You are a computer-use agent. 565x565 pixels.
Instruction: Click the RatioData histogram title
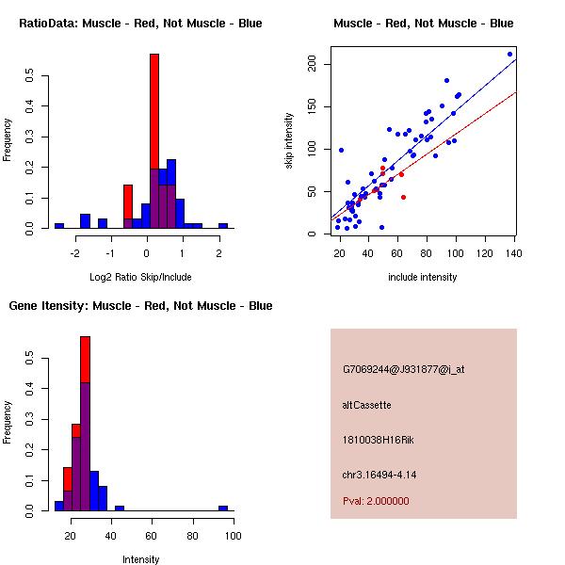[140, 24]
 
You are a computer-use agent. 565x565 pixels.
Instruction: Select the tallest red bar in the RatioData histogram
[154, 112]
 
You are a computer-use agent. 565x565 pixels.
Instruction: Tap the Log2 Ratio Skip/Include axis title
[140, 277]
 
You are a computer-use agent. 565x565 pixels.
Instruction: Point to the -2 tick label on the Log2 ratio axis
[74, 253]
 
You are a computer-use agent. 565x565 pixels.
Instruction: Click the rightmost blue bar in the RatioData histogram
[223, 226]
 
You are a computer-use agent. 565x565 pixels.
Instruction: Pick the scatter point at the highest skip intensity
[509, 54]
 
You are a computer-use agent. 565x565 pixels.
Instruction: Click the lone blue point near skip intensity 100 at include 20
[341, 151]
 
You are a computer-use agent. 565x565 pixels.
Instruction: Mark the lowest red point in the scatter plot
[403, 197]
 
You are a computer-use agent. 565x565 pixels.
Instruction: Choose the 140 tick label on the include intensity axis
[514, 253]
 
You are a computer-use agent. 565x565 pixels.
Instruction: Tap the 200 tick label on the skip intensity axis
[312, 64]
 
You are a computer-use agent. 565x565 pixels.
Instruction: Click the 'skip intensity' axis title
[289, 140]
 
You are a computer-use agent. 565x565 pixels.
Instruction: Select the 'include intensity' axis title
[422, 277]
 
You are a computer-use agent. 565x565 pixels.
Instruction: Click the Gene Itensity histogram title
[140, 306]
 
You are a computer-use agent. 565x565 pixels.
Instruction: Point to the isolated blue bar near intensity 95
[223, 508]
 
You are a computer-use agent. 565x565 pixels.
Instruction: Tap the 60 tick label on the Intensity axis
[152, 536]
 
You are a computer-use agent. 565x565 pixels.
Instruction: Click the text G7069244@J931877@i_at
[404, 369]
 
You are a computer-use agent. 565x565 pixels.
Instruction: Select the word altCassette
[367, 405]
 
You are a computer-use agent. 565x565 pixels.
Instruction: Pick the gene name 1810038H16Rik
[378, 440]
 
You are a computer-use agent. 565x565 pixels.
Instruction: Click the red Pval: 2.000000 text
[376, 501]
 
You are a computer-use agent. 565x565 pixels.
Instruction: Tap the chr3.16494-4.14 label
[379, 475]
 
